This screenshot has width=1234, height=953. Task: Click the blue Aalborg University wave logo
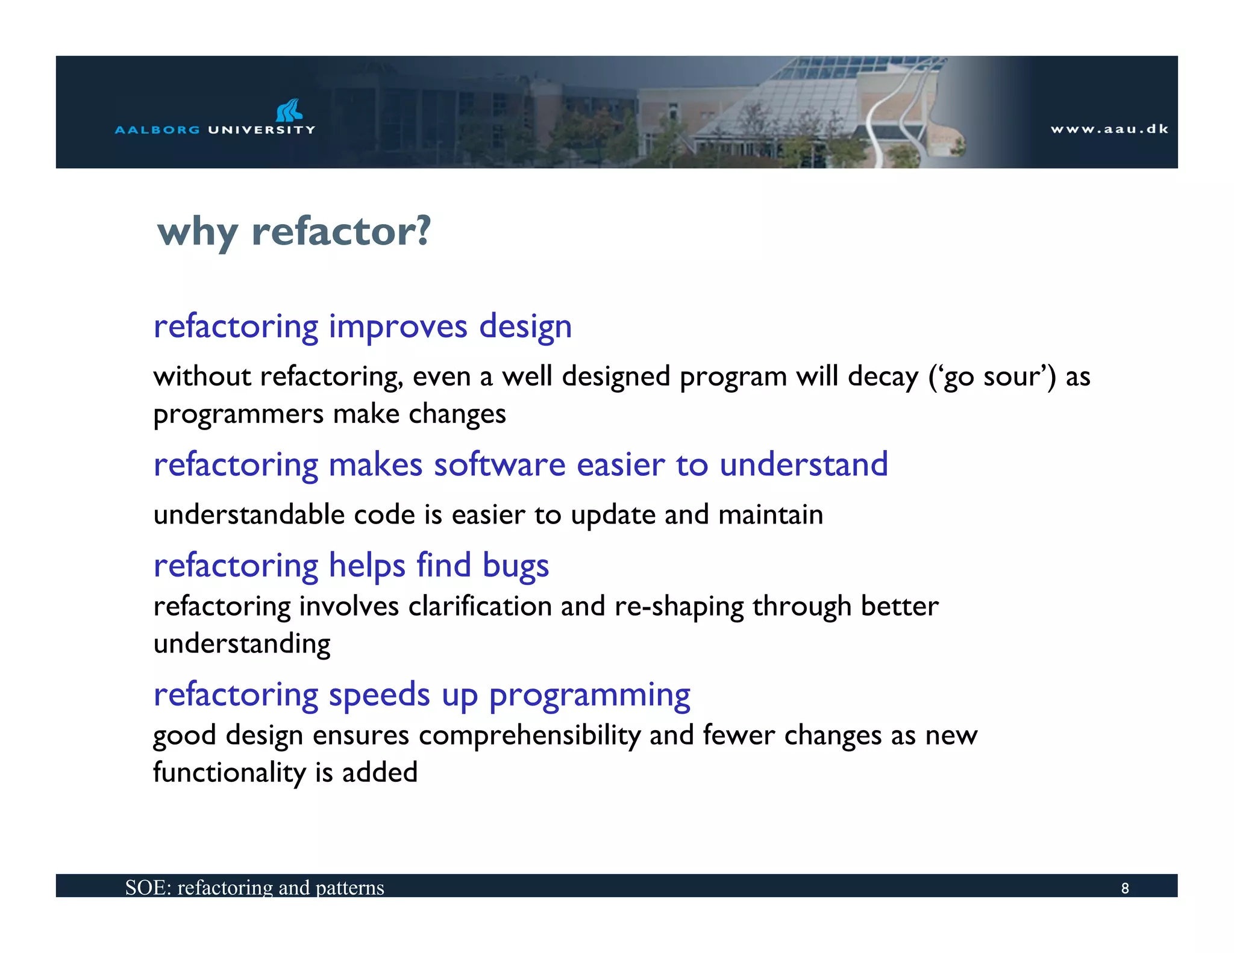click(x=289, y=110)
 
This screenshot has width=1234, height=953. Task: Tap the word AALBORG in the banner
click(x=157, y=130)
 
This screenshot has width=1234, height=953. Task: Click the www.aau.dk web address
click(x=1109, y=129)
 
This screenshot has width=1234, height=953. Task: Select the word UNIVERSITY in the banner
click(x=262, y=130)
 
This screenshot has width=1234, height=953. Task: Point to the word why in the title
click(x=197, y=233)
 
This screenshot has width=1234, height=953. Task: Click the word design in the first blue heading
click(x=525, y=327)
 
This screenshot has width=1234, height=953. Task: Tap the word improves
click(x=398, y=327)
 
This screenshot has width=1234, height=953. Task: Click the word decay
click(x=883, y=377)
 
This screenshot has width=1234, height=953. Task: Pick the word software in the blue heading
click(x=500, y=464)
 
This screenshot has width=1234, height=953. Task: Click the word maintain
click(x=771, y=515)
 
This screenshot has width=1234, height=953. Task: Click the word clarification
click(x=480, y=606)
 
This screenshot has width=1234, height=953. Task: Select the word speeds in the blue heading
click(x=379, y=695)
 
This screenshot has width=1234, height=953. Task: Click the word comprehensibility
click(x=530, y=736)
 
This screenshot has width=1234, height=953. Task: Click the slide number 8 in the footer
click(x=1124, y=888)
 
